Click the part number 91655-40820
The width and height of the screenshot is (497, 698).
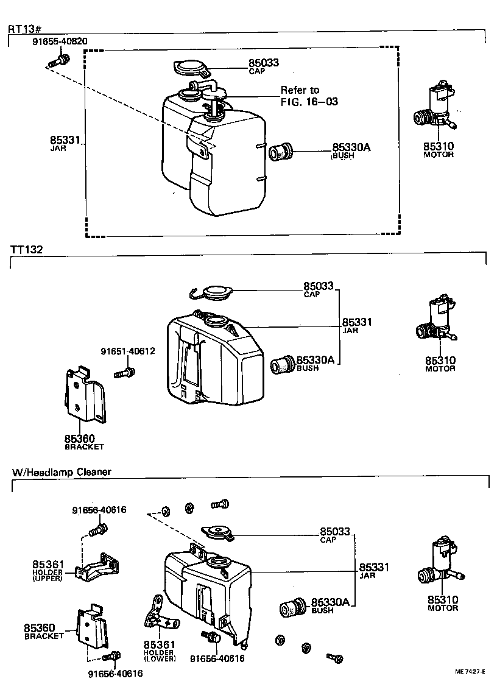coord(59,41)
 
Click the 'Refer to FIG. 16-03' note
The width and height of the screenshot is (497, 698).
coord(309,96)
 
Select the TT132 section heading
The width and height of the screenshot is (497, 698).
coord(25,250)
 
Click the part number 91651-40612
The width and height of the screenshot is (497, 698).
coord(128,351)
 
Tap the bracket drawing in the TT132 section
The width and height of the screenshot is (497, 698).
coord(84,396)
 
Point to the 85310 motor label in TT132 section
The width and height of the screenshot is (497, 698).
coord(440,364)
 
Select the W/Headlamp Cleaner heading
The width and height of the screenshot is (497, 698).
coord(61,471)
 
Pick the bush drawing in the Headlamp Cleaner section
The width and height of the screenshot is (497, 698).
coord(292,607)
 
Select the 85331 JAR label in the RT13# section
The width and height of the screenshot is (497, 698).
coord(65,143)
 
